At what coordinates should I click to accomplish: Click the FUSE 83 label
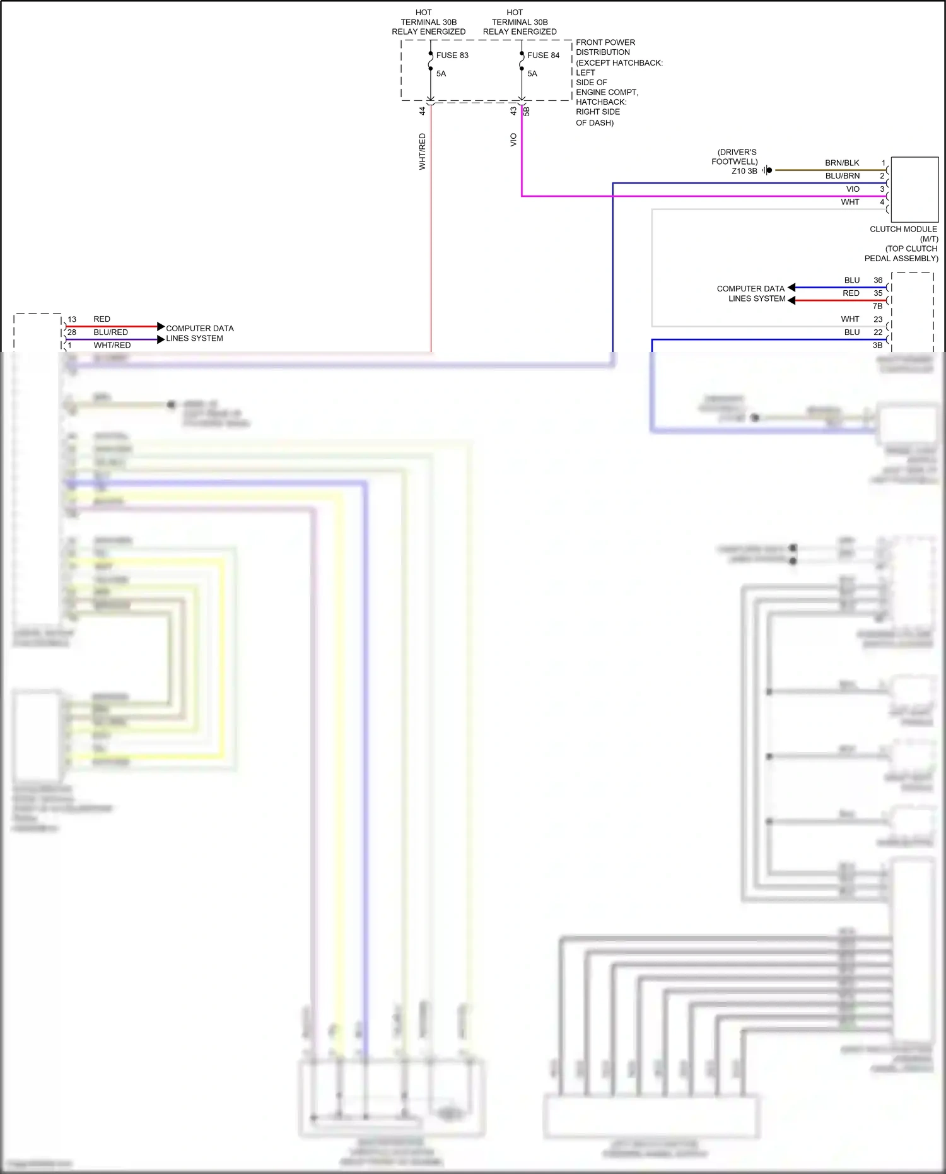pyautogui.click(x=452, y=56)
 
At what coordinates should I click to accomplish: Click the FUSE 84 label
pyautogui.click(x=543, y=56)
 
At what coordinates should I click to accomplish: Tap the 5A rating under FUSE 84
pyautogui.click(x=532, y=74)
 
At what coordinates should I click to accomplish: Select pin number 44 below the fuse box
pyautogui.click(x=422, y=111)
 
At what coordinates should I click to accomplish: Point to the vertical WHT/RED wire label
pyautogui.click(x=422, y=151)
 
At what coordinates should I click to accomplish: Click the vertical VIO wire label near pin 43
pyautogui.click(x=513, y=140)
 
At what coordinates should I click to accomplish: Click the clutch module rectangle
pyautogui.click(x=914, y=189)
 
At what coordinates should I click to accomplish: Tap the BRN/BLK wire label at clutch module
pyautogui.click(x=842, y=163)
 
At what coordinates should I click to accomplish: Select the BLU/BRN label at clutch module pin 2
pyautogui.click(x=842, y=176)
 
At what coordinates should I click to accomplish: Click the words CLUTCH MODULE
pyautogui.click(x=903, y=229)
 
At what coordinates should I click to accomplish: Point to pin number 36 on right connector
pyautogui.click(x=878, y=280)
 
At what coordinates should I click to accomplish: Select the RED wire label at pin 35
pyautogui.click(x=851, y=293)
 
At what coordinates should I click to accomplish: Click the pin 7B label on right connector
pyautogui.click(x=877, y=306)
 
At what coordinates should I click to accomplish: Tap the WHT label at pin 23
pyautogui.click(x=850, y=319)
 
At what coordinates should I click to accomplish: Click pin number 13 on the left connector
pyautogui.click(x=72, y=319)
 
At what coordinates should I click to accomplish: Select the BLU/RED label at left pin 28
pyautogui.click(x=110, y=332)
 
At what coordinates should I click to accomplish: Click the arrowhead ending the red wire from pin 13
pyautogui.click(x=161, y=327)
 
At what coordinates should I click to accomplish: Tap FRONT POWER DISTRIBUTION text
pyautogui.click(x=605, y=47)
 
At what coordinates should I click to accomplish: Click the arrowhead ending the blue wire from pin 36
pyautogui.click(x=791, y=288)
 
